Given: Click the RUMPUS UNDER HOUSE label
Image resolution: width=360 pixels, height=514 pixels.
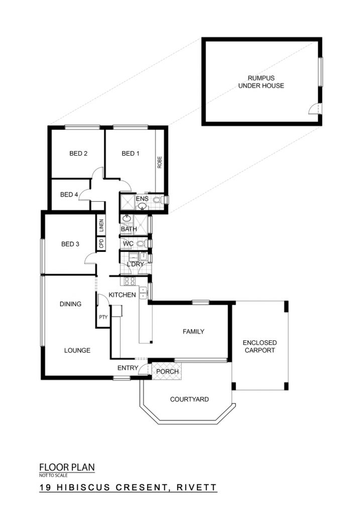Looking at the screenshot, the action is [x=261, y=82].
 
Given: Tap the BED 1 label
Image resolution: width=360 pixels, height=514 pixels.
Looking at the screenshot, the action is [x=131, y=154].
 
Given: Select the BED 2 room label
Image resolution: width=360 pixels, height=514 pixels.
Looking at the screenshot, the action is [x=78, y=154].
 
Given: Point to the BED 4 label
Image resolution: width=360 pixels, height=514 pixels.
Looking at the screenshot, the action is [x=69, y=195].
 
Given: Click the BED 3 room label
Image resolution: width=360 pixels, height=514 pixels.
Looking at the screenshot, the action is [x=70, y=244].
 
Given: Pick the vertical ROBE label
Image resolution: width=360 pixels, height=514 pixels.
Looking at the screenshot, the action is [x=160, y=162].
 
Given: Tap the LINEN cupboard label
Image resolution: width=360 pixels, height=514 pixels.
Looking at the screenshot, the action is [x=101, y=225].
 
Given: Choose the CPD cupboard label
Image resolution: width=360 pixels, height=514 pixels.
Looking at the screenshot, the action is [x=101, y=243].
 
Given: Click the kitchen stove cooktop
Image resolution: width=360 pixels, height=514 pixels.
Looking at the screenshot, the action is [x=129, y=281].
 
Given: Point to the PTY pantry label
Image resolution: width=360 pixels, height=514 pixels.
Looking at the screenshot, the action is [x=103, y=317].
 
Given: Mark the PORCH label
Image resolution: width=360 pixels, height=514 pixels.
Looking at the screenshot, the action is [x=167, y=371].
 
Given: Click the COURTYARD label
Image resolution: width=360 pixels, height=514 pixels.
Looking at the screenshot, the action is [x=189, y=399].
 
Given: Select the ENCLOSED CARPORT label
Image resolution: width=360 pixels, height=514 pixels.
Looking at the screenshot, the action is [x=260, y=346].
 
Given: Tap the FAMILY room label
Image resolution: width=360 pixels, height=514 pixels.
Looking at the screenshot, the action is [x=193, y=332].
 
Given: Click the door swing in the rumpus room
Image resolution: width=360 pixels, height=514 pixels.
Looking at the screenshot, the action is [x=313, y=108].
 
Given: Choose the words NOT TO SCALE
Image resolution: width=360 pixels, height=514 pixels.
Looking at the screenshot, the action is [x=53, y=475].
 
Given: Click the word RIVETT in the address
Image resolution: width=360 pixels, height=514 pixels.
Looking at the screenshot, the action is [x=197, y=487].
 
